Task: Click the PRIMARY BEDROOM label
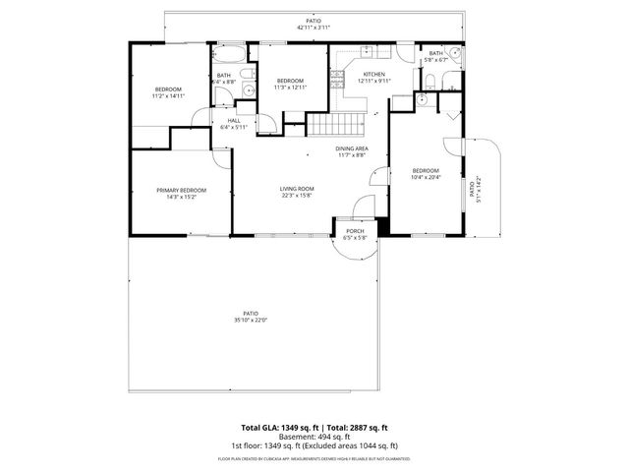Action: pos(182,190)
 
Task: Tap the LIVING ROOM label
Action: pos(297,189)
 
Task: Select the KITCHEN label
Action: pos(374,74)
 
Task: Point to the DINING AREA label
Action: pos(351,148)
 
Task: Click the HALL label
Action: pos(233,120)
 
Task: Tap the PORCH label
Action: pos(355,232)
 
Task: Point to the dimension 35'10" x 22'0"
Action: pos(251,320)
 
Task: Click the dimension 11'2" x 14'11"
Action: pos(168,96)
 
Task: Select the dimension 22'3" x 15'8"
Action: pos(297,196)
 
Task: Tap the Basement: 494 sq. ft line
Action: pos(314,437)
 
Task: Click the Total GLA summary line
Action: pos(314,428)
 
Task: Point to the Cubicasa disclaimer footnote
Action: pos(314,458)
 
